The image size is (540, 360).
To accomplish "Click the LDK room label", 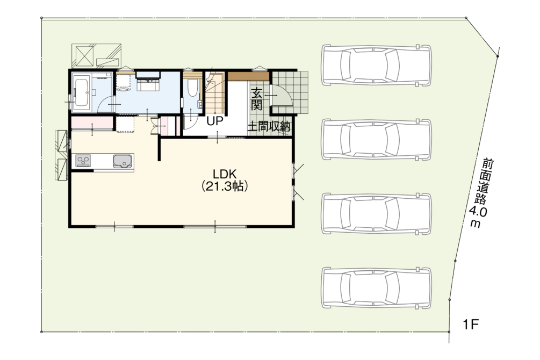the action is tap(225, 173).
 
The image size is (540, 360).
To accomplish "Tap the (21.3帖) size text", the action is tap(225, 186).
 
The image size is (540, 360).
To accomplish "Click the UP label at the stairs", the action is tap(215, 121).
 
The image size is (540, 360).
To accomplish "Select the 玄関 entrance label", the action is tap(257, 99).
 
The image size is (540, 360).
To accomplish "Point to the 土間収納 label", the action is tap(269, 127).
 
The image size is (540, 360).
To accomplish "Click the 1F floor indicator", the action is tap(471, 324).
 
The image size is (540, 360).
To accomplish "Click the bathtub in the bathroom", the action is tap(82, 92).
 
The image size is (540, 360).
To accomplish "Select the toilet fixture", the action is tap(192, 88).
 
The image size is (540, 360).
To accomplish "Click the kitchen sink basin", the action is tap(123, 161).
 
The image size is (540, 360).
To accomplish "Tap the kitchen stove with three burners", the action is tap(83, 161).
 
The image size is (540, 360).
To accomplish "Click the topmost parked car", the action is tap(377, 65).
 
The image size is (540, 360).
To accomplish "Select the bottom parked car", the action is tap(377, 287).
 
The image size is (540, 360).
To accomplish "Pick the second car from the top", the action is tap(377, 140).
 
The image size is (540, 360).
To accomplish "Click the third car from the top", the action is tap(377, 214).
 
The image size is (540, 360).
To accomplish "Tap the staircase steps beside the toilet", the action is tap(215, 92).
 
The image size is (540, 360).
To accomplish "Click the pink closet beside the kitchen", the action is tap(92, 124).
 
